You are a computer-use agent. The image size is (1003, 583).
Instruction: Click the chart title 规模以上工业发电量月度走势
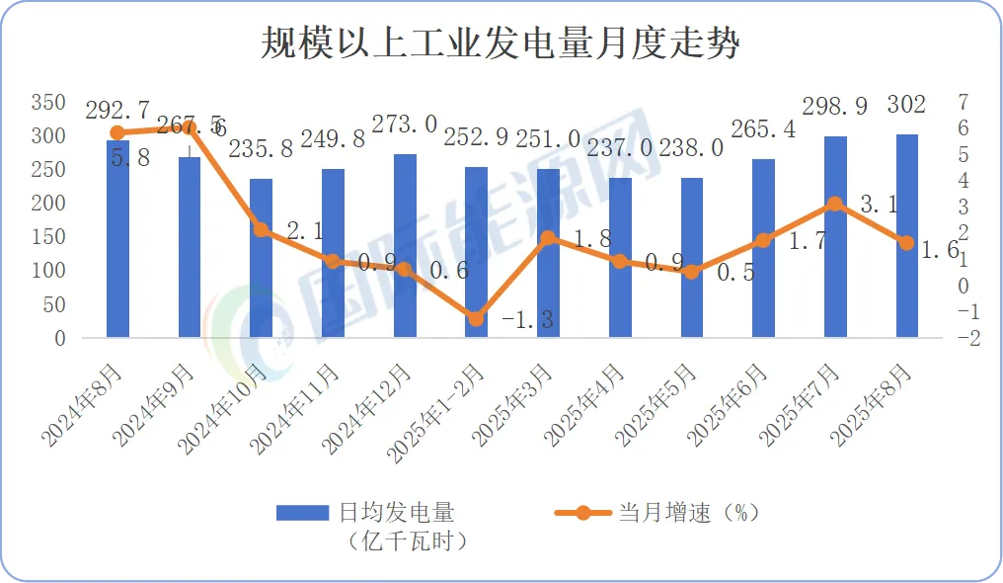(501, 44)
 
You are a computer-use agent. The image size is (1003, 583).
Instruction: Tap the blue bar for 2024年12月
(405, 247)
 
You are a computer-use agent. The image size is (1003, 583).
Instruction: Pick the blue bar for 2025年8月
(906, 237)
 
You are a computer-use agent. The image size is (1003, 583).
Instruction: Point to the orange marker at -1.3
(476, 318)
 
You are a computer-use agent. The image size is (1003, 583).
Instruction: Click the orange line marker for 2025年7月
(834, 205)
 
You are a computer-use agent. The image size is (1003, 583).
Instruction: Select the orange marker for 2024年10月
(261, 229)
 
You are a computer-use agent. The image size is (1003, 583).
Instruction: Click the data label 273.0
(404, 125)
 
